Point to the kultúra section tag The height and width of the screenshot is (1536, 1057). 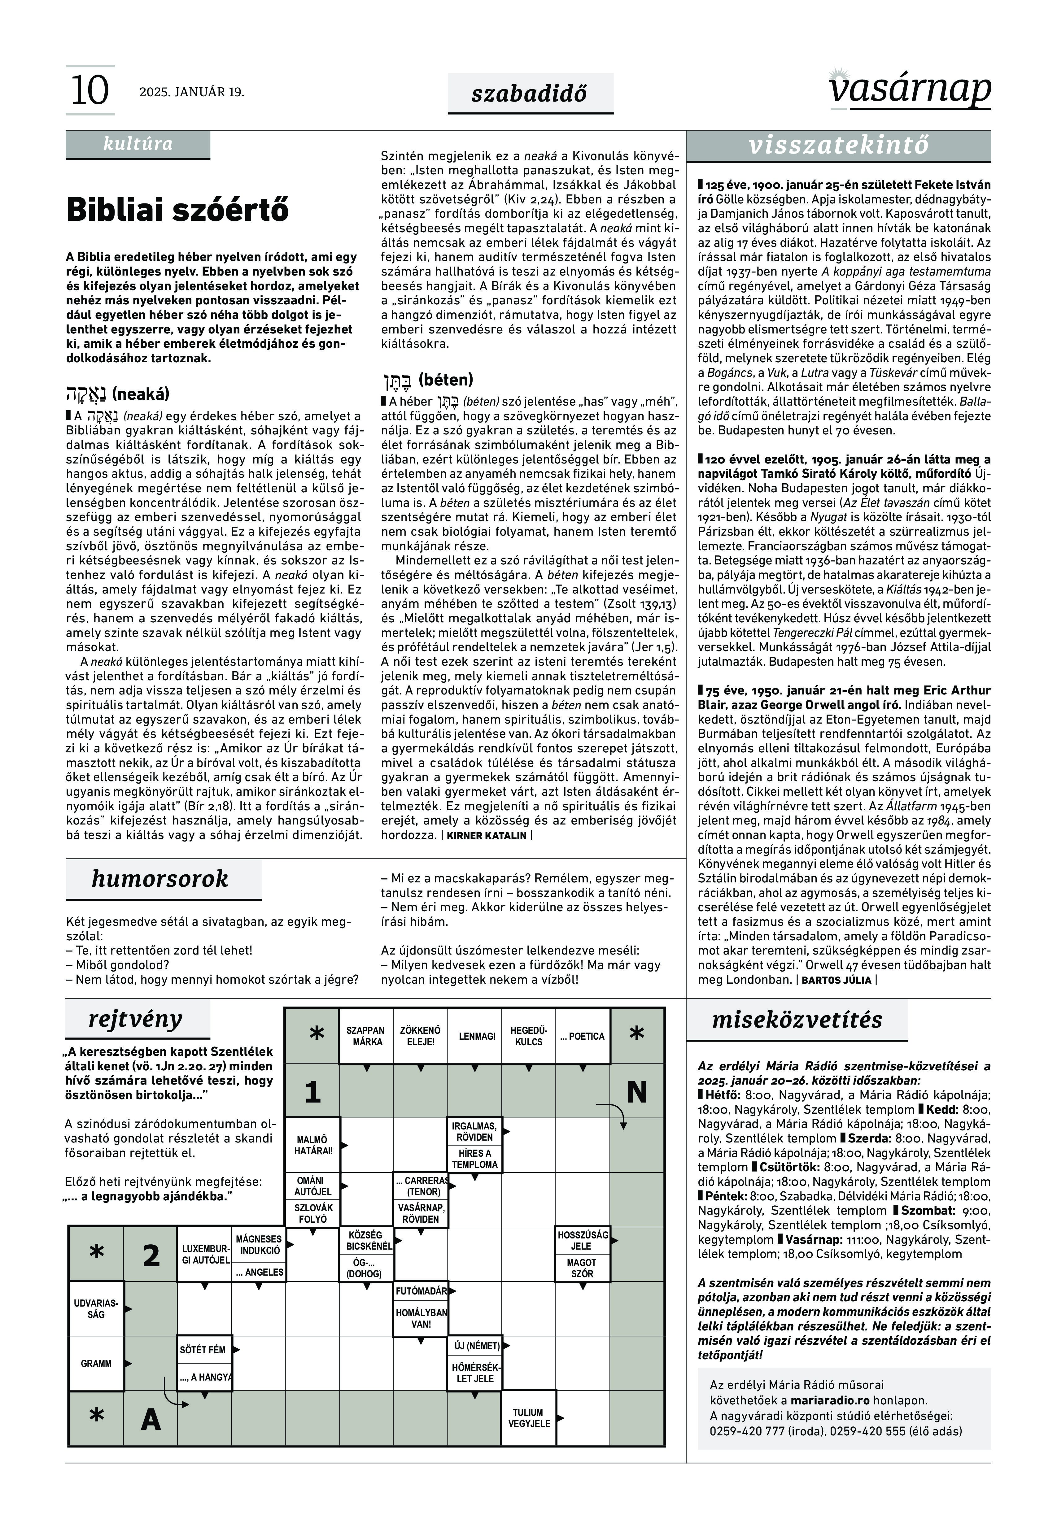click(138, 144)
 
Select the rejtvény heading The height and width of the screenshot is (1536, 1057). click(135, 1019)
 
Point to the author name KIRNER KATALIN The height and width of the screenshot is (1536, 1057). click(487, 836)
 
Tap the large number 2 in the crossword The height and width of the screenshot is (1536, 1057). click(151, 1256)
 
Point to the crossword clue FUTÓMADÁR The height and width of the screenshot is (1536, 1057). click(421, 1291)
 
